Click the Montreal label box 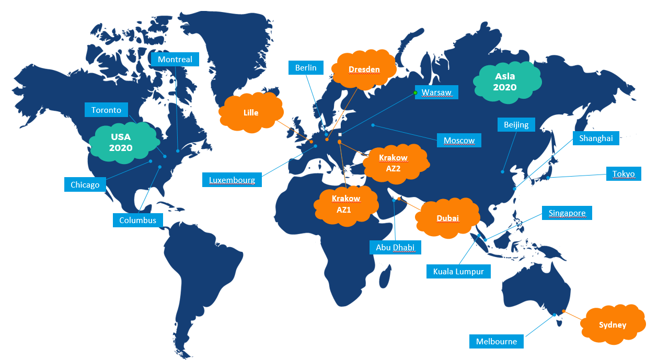175,59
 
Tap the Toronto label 106,110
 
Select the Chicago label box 85,184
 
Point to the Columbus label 137,220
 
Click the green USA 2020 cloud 121,142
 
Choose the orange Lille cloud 251,112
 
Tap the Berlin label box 306,67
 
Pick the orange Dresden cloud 364,69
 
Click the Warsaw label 436,92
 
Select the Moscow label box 459,140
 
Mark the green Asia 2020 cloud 505,82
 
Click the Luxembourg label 232,180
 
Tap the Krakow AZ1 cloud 346,204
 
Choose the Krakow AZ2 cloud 393,163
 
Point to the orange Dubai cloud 448,218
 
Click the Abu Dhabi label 395,247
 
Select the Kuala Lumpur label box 458,271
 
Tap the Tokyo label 624,174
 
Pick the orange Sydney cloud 613,324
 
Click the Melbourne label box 496,342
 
